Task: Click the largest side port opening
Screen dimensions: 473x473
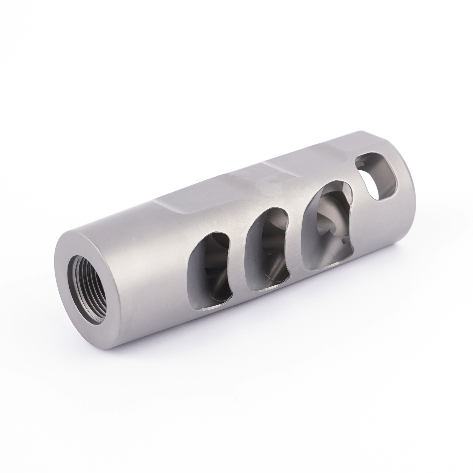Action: tap(328, 221)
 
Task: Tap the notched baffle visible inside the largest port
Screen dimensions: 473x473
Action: tap(328, 227)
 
